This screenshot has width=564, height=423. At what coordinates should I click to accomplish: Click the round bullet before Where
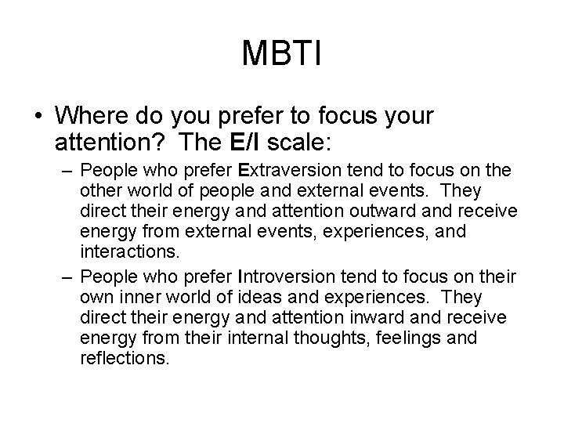click(x=38, y=117)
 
